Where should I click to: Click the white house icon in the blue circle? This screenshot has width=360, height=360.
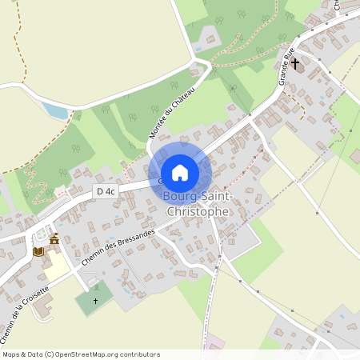click(x=180, y=172)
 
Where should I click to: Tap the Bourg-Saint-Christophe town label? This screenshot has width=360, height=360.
click(x=196, y=204)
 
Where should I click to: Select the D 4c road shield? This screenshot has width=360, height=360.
click(x=106, y=191)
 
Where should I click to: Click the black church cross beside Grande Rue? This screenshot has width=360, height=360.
click(x=295, y=62)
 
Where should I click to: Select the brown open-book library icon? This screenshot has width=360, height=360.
click(x=38, y=251)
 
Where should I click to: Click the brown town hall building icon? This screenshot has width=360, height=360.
click(x=54, y=238)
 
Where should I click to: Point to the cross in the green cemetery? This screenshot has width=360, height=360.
click(x=95, y=301)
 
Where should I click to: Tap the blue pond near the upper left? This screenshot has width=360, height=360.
click(x=54, y=110)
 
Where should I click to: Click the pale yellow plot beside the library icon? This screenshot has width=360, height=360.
click(x=55, y=265)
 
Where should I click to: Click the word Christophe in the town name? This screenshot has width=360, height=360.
click(x=196, y=212)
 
